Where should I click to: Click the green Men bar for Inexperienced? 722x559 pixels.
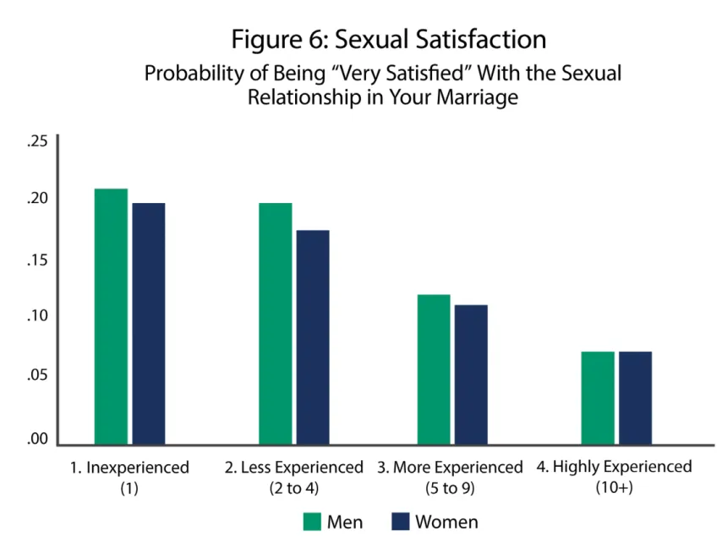point(111,316)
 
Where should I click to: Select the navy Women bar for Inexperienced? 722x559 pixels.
point(149,324)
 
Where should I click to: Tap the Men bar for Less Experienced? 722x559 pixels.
point(276,324)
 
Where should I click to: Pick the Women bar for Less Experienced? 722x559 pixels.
point(313,337)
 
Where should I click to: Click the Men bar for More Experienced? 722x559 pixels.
point(434,370)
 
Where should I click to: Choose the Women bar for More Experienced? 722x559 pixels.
point(471,375)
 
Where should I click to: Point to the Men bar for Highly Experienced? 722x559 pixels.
point(598,397)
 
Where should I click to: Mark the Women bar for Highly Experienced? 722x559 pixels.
point(636,397)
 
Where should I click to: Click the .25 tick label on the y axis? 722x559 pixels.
point(37,141)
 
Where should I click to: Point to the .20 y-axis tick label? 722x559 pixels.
point(37,198)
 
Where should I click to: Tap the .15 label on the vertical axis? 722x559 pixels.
point(37,260)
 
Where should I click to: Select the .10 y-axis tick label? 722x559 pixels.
point(37,315)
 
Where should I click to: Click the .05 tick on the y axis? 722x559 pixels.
point(37,375)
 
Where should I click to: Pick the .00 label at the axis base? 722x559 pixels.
point(37,438)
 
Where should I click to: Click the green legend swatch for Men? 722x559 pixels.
point(312,522)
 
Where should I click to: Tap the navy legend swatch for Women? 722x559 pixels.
point(400,522)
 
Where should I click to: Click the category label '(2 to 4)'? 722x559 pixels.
point(293,488)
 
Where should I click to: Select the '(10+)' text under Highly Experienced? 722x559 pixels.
point(615,487)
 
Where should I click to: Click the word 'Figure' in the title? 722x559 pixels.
point(265,40)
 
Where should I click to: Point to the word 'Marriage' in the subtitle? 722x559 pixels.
point(477,97)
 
